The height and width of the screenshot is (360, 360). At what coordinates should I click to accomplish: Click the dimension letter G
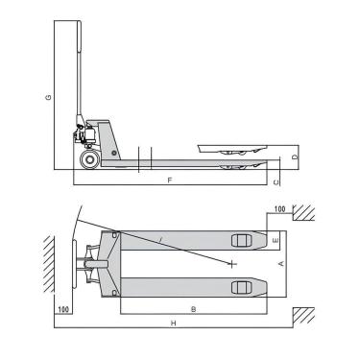click(x=48, y=97)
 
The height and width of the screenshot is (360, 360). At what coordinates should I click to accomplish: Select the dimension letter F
click(x=170, y=180)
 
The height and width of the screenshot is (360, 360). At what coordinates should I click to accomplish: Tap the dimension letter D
click(x=296, y=156)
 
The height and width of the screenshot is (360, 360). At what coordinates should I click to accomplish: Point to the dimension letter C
click(x=276, y=179)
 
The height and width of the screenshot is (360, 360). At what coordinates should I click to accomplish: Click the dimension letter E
click(x=275, y=238)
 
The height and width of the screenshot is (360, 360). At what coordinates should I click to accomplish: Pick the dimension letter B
click(x=193, y=309)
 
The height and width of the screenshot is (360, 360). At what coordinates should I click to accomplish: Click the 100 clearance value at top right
click(x=279, y=208)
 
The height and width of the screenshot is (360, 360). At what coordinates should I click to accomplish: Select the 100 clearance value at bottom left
click(x=63, y=310)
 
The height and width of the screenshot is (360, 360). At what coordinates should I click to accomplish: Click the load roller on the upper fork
click(x=241, y=240)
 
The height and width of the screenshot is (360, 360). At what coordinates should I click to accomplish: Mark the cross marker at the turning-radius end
click(x=233, y=261)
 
